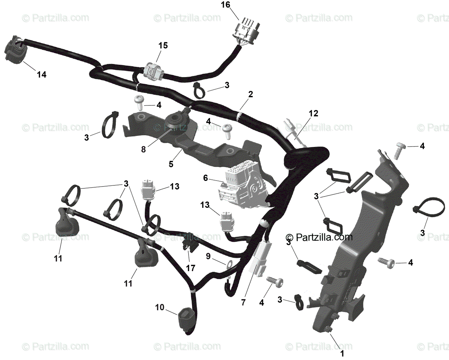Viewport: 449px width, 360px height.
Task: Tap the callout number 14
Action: (x=42, y=75)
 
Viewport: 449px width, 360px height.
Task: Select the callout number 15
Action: (x=163, y=46)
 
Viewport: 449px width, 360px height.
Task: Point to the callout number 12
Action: (x=313, y=114)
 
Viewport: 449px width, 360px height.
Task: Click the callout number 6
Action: (x=205, y=178)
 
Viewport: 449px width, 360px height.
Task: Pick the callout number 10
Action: (x=160, y=307)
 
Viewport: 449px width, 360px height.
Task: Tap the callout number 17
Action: (x=190, y=268)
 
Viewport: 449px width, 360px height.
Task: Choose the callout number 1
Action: (x=341, y=352)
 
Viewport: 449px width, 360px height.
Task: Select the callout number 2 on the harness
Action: (x=250, y=94)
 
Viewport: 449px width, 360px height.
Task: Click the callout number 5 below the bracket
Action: (x=171, y=163)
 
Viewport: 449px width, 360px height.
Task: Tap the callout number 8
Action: (x=144, y=150)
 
